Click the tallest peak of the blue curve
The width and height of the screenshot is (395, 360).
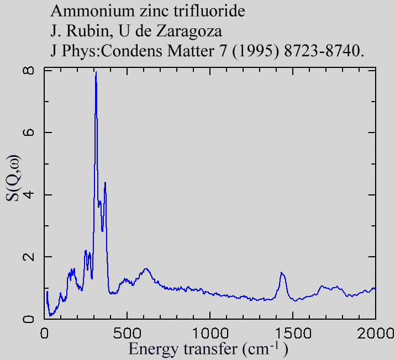click(x=96, y=72)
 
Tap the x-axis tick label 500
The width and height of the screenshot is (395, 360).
click(x=127, y=333)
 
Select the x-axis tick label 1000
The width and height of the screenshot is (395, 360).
click(x=210, y=333)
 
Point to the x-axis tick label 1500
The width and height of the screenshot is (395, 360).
click(x=293, y=333)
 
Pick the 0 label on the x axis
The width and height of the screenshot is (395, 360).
click(x=45, y=333)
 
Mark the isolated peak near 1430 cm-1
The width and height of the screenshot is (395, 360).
click(x=282, y=273)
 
